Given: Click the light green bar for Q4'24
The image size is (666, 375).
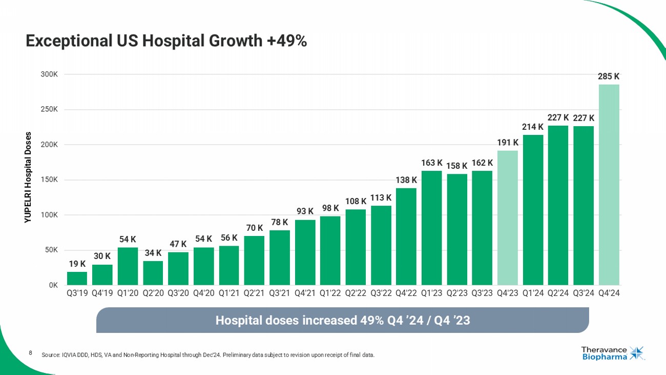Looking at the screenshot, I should tap(609, 185).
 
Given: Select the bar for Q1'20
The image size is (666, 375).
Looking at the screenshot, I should tap(128, 266).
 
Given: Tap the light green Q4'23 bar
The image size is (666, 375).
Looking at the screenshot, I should tap(507, 218).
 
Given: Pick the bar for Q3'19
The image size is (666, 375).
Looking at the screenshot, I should tap(77, 278).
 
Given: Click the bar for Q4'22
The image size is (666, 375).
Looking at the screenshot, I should tap(406, 236).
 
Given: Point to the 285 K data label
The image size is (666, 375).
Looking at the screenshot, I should tap(609, 76).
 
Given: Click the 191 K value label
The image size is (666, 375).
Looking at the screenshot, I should tap(507, 142).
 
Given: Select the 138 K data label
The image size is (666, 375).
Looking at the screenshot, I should tap(406, 180).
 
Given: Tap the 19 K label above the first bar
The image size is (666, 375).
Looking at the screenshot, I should tap(77, 264).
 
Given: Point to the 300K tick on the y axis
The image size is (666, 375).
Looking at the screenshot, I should tap(49, 74).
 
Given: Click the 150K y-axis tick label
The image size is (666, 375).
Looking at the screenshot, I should tap(49, 180).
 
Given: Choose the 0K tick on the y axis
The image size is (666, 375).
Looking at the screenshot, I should tap(53, 285).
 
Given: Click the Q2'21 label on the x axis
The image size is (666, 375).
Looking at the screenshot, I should tap(254, 294).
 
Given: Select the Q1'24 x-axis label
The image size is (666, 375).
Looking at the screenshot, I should tap(533, 294).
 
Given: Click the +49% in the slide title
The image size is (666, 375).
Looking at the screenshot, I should tap(287, 41).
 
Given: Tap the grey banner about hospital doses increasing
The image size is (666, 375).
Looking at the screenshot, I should tap(342, 321).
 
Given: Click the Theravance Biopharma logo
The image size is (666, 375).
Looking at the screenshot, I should tap(612, 353).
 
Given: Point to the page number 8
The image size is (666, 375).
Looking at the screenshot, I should tap(31, 352).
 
